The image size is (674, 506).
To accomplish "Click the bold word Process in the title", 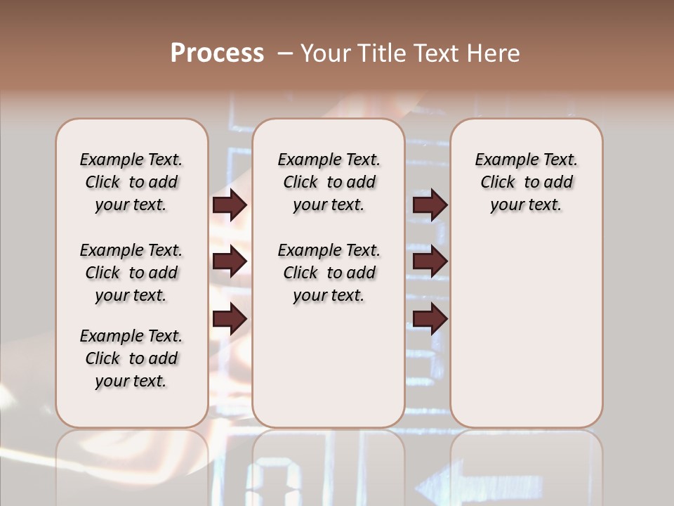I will click(217, 53).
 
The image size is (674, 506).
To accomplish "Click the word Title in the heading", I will click(383, 53).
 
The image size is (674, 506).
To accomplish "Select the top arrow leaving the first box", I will click(230, 205).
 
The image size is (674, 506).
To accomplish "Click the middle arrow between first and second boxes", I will click(230, 262).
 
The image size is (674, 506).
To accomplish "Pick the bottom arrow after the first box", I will click(230, 320).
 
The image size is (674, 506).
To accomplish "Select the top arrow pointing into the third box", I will click(430, 205).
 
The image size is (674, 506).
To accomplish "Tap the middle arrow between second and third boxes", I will click(430, 262).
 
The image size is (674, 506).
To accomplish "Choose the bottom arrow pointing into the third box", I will click(430, 320).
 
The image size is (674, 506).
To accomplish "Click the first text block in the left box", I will click(131, 182).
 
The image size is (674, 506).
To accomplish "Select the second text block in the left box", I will click(131, 273).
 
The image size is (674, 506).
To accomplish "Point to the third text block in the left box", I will click(131, 358).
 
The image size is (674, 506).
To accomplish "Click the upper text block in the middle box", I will click(329, 182).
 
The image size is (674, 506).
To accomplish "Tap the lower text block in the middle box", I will click(329, 273).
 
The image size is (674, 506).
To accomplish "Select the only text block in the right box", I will click(526, 182).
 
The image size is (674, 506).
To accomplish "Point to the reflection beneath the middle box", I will click(329, 467).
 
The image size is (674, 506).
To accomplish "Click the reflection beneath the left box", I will click(131, 467).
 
